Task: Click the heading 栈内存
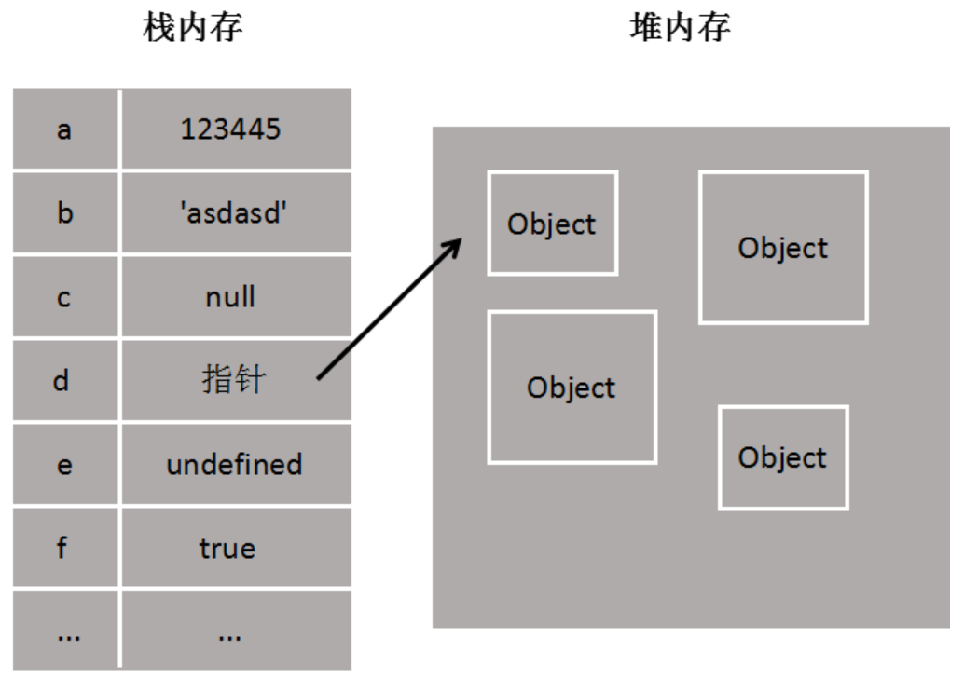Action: (193, 28)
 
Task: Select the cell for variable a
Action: (64, 129)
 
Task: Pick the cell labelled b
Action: (64, 213)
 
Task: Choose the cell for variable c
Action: (64, 298)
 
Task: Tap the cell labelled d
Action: (64, 381)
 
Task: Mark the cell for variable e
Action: (64, 465)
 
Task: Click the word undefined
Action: (234, 464)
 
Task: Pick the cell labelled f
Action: (64, 549)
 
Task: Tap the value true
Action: (227, 549)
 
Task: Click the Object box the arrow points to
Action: (552, 224)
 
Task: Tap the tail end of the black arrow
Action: (320, 377)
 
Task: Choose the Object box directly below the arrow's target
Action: (572, 388)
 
